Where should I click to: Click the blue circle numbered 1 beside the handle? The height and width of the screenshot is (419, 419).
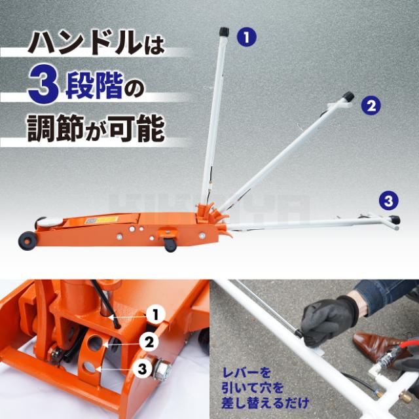coord(247,37)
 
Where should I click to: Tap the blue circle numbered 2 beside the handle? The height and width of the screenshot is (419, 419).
coord(371,105)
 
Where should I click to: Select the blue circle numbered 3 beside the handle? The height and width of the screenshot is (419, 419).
coord(388,200)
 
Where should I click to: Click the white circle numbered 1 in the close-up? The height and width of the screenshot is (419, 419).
coord(156,314)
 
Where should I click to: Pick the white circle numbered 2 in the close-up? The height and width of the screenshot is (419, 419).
coord(149,342)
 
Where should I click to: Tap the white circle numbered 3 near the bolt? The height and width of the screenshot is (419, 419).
coord(142,369)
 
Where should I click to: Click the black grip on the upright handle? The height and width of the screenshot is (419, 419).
coord(223,31)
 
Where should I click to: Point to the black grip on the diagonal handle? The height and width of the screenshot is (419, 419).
coord(349,96)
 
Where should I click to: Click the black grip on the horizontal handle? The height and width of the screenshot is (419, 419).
coord(395,220)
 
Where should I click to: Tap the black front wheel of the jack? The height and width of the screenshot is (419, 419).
coord(27,240)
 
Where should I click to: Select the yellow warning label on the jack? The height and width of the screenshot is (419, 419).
coord(107,220)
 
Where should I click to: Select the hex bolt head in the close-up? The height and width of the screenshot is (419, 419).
coord(162,369)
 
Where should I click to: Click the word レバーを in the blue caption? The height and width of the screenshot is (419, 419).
coord(246,373)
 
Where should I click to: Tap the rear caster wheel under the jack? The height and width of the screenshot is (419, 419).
coord(170,244)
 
